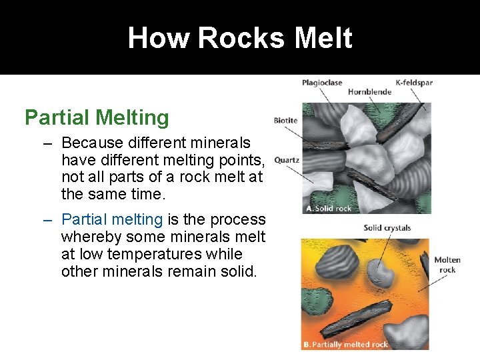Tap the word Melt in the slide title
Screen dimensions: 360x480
pos(325,38)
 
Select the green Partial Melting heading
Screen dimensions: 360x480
pos(97,118)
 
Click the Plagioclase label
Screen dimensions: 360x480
pos(322,83)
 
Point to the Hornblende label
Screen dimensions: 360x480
pos(369,92)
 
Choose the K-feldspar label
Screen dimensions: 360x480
pos(414,83)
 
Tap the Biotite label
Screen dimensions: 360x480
pos(285,121)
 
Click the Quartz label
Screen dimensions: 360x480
pos(287,160)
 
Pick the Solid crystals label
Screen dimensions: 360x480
pos(387,228)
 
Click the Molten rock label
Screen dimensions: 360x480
pos(447,265)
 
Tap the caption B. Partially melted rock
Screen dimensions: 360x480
pos(346,345)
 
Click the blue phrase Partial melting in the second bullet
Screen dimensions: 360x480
pos(112,219)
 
